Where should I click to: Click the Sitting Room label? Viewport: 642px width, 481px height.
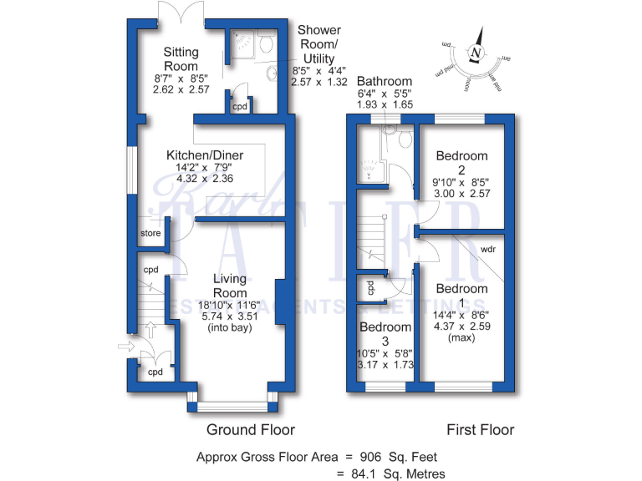pos(181,59)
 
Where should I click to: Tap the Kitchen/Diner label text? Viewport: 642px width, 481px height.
pos(201,155)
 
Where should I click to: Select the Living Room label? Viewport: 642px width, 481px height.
pos(229,286)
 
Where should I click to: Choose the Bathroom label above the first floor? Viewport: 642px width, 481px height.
pos(385,81)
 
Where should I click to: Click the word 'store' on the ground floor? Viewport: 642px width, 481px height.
pos(150,233)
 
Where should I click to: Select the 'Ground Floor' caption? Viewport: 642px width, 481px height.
pos(251,430)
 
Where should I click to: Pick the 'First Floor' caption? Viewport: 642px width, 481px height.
pos(480,430)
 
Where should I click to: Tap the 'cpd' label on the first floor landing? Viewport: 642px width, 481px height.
pos(370,287)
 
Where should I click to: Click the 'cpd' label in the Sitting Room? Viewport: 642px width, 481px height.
pos(240,107)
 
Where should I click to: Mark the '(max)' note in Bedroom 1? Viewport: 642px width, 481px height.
pos(461,338)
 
